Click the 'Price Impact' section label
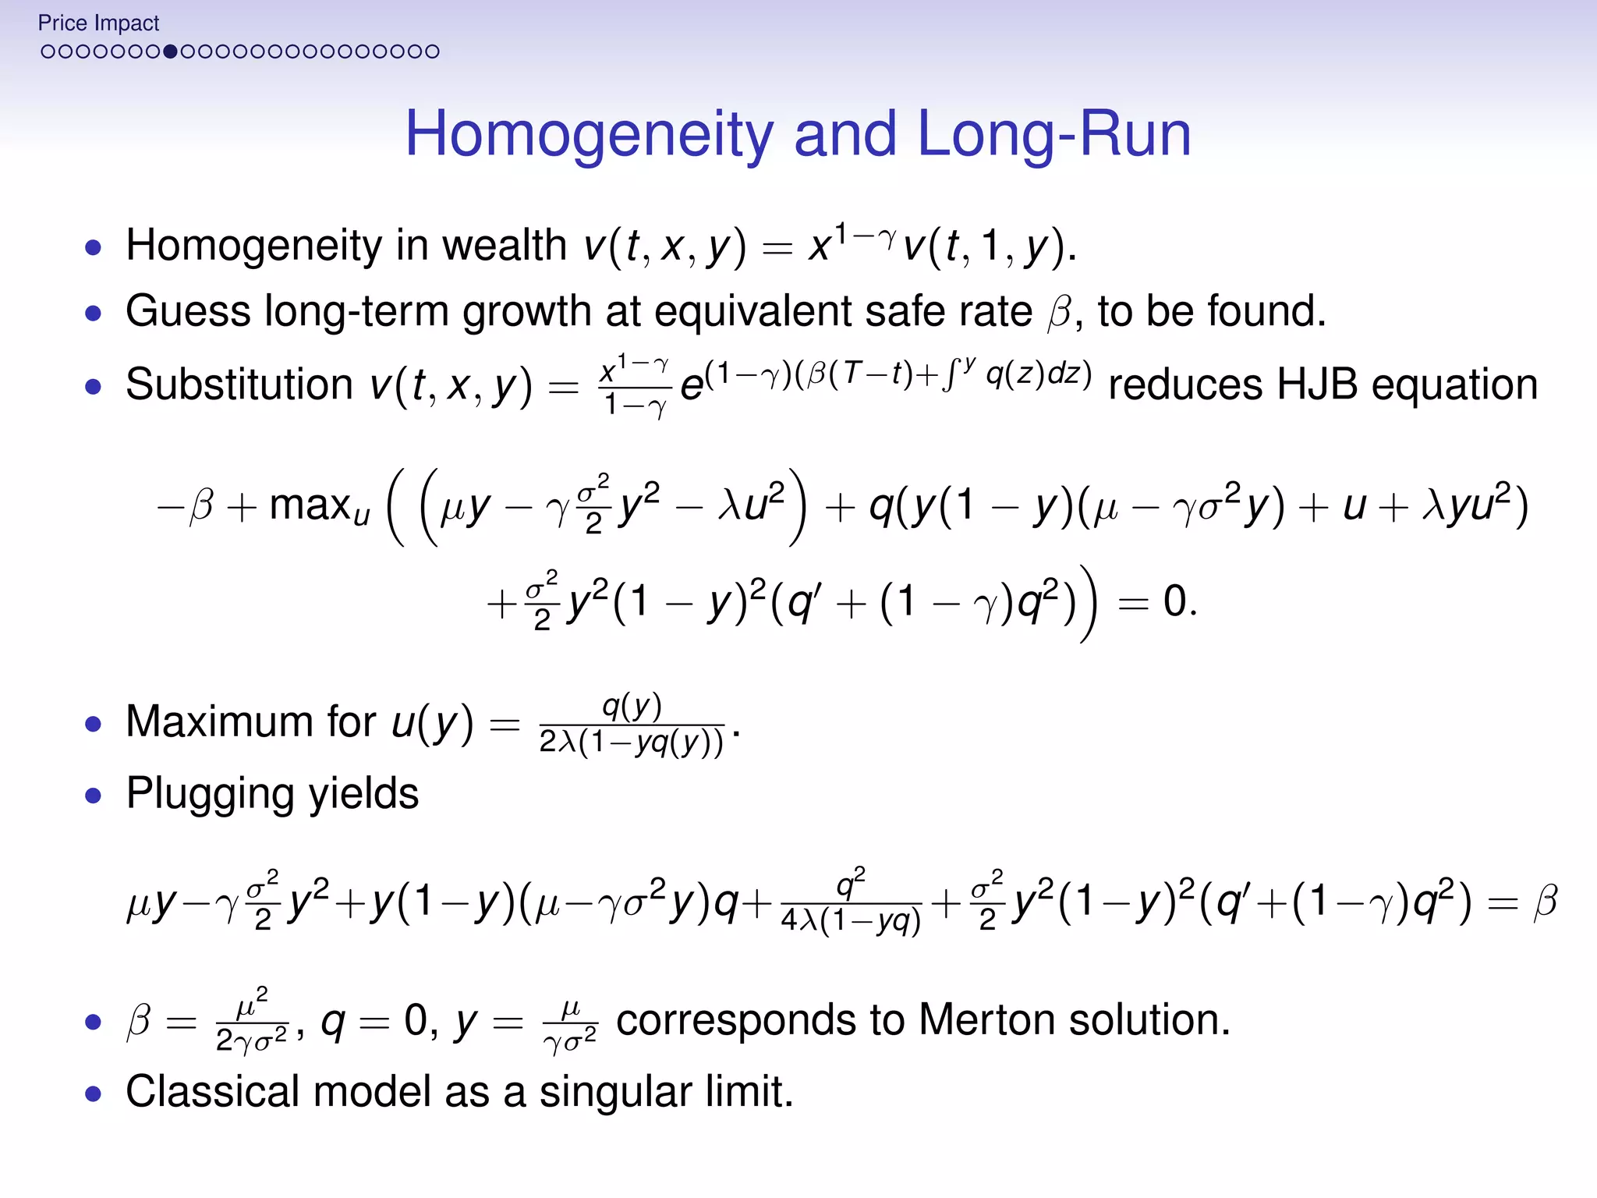click(98, 23)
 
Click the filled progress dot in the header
click(170, 52)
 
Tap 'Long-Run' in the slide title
click(1054, 135)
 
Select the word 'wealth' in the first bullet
click(504, 246)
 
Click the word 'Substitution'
click(239, 385)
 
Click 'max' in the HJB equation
click(310, 505)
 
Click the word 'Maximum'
click(251, 721)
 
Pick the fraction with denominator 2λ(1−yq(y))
click(632, 725)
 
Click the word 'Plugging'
click(210, 794)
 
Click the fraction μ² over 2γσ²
click(252, 1021)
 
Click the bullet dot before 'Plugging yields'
click(94, 796)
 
